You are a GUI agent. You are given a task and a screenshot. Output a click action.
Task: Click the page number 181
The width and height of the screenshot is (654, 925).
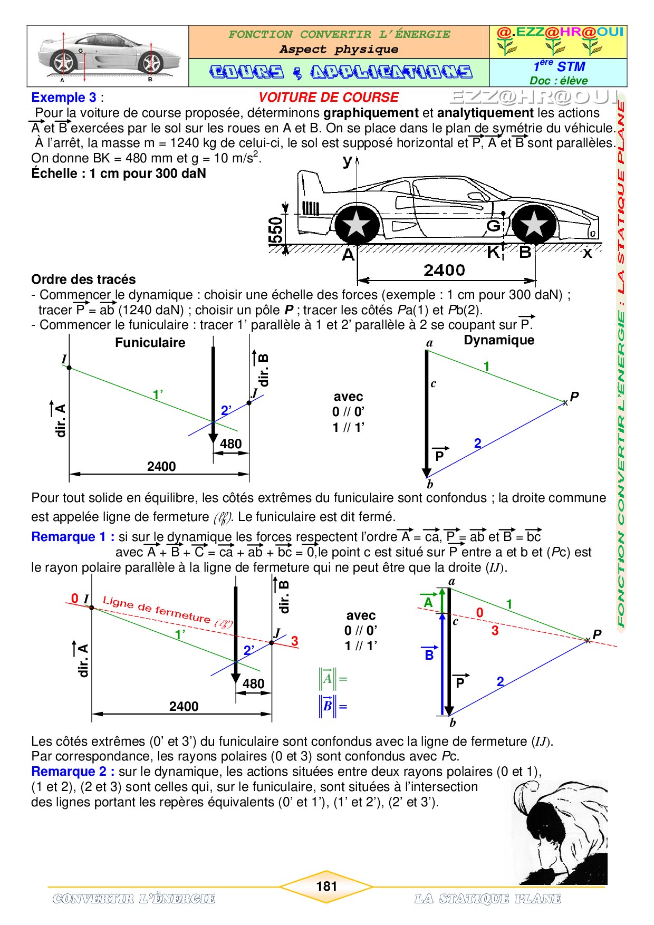coord(326,886)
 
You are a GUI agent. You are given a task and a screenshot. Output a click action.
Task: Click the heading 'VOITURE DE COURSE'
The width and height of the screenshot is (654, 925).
coord(328,98)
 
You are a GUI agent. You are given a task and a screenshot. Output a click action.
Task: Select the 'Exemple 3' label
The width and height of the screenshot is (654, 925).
coord(64,98)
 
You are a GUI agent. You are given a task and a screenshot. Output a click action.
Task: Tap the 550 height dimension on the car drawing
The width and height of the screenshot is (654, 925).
coord(276,230)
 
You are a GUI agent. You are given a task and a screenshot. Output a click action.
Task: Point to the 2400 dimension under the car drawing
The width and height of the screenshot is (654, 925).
coord(444,271)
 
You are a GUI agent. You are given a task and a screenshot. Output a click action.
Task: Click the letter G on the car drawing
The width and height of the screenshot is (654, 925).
coord(493,226)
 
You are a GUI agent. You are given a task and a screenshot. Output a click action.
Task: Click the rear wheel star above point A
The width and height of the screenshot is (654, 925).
coord(357,224)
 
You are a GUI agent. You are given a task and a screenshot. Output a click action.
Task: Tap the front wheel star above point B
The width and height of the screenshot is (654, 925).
coord(534,224)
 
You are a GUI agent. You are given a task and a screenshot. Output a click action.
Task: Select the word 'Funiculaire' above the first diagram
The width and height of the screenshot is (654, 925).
coord(150,343)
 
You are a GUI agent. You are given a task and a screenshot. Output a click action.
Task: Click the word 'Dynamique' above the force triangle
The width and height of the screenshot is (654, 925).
coord(499,340)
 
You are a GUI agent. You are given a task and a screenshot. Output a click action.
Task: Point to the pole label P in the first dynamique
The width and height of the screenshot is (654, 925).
coord(574,397)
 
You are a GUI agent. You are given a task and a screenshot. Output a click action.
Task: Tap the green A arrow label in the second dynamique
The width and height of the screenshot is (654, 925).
coord(428,602)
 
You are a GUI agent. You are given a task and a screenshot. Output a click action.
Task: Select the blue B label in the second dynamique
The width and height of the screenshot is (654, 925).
coord(429,655)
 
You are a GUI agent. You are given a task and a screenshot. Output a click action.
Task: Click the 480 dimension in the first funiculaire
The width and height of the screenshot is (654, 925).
coord(231,444)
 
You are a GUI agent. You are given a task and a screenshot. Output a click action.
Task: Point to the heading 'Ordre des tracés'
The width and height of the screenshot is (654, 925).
coord(83,280)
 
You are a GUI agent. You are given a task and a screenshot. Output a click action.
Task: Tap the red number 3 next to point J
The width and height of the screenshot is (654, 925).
coord(294,641)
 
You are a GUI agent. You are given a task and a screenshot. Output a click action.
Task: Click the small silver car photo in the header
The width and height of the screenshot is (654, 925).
coord(107,56)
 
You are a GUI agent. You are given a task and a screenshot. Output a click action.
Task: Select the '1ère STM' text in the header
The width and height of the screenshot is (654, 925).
coord(559,66)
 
